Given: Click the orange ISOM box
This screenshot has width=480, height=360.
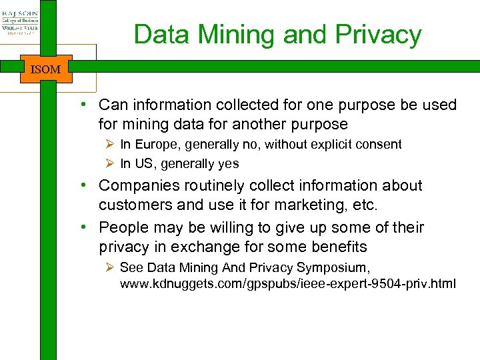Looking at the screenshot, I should [x=46, y=69].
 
